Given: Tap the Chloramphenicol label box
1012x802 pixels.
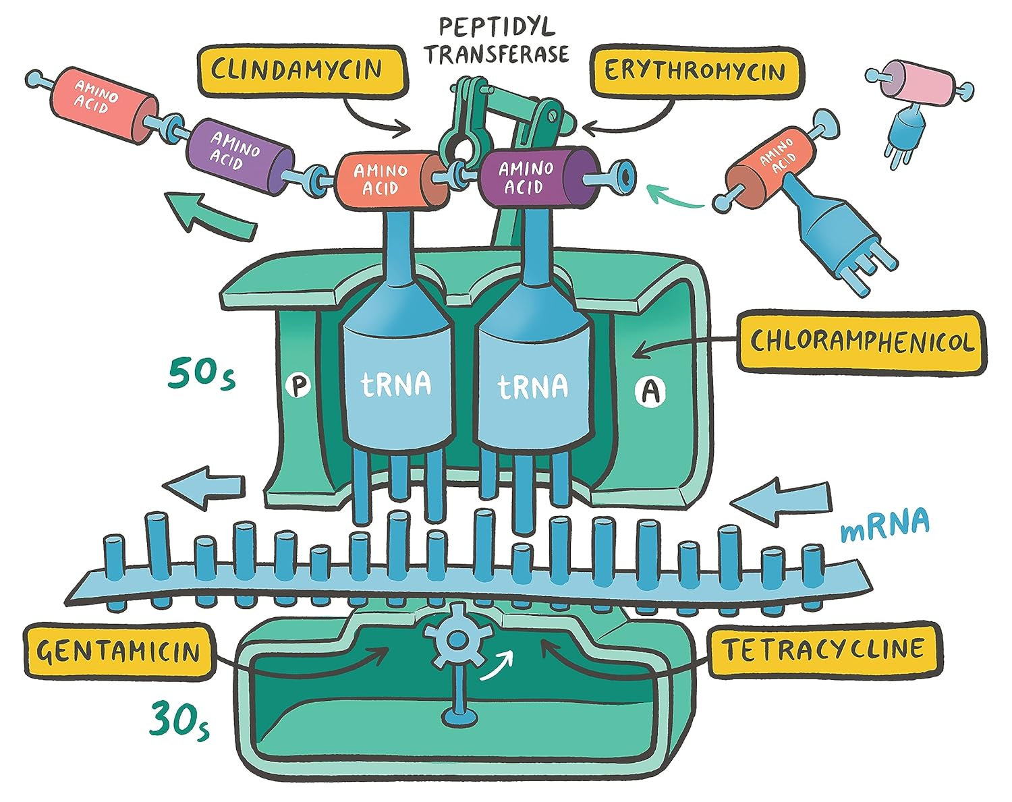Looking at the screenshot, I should pyautogui.click(x=861, y=341).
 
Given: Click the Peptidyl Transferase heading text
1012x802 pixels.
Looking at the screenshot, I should pyautogui.click(x=497, y=40).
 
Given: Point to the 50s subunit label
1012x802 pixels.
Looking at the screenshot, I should pyautogui.click(x=202, y=375).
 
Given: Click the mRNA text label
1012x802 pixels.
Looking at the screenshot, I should pyautogui.click(x=884, y=524).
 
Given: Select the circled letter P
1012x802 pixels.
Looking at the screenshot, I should pyautogui.click(x=297, y=386).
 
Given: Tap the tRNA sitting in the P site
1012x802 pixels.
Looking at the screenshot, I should pyautogui.click(x=397, y=384).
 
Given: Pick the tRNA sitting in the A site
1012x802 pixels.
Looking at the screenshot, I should pyautogui.click(x=533, y=386).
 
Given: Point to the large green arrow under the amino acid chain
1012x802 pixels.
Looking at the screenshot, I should pyautogui.click(x=211, y=214).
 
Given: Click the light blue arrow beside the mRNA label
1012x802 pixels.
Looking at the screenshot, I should pyautogui.click(x=781, y=502).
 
